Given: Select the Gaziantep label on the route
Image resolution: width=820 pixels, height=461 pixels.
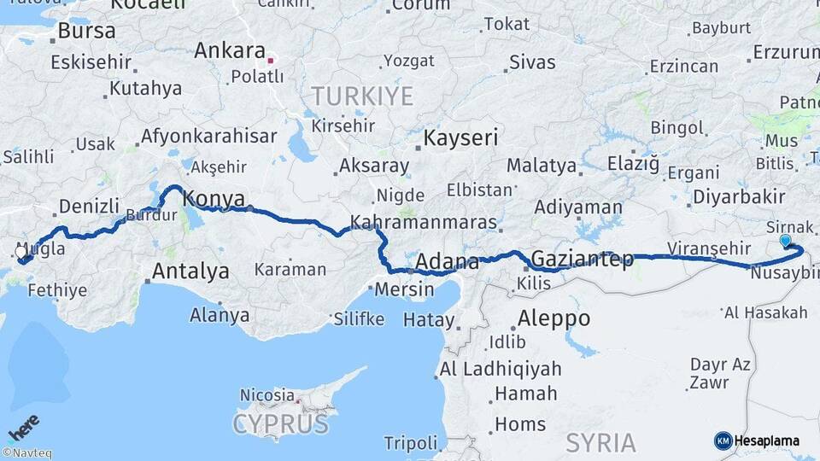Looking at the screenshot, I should [582, 258].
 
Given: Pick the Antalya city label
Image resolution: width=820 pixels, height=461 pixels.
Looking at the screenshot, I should [190, 271].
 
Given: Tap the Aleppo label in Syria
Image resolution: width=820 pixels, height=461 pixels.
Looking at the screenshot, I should [553, 318].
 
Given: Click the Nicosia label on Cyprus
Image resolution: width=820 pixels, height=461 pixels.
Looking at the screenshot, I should [266, 395].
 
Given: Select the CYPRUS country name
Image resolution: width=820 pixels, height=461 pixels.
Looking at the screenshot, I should [280, 423].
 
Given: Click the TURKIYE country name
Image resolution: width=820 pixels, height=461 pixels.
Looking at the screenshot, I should [362, 95].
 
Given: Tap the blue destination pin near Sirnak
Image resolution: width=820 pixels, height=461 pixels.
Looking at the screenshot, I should [786, 241].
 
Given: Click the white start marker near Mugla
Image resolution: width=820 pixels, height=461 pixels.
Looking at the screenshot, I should [22, 252].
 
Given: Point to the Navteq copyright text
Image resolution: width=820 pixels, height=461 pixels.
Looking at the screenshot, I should [26, 453].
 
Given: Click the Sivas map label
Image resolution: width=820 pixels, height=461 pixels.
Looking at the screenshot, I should [532, 61].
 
